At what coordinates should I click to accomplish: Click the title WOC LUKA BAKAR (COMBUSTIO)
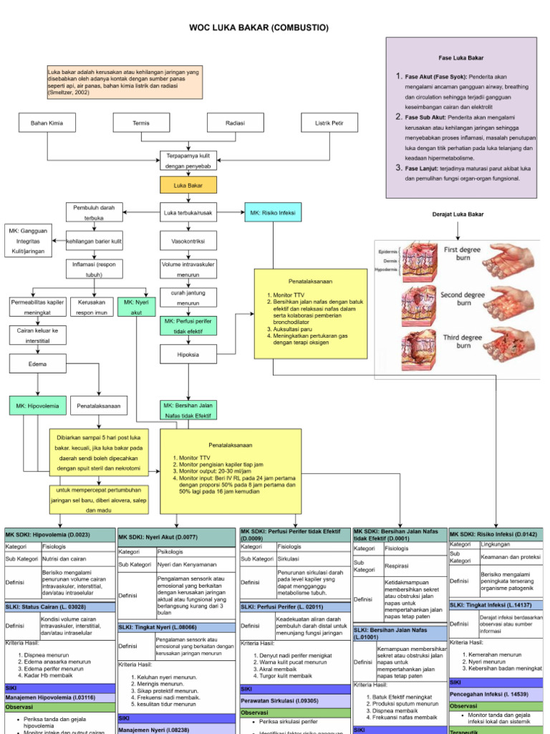click(259, 27)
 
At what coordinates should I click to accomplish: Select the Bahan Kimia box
click(47, 123)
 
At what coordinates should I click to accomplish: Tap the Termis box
click(141, 123)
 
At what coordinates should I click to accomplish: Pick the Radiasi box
click(236, 123)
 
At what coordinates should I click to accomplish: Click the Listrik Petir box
click(329, 123)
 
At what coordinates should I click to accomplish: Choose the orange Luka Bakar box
click(188, 186)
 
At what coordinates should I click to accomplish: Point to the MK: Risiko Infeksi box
click(273, 213)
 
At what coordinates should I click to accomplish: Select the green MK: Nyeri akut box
click(135, 307)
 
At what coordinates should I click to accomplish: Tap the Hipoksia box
click(188, 355)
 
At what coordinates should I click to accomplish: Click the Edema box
click(37, 363)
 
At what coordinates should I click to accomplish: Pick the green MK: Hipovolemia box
click(37, 406)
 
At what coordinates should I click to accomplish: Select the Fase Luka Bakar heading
click(460, 57)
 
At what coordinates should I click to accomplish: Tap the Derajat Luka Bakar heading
click(458, 214)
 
